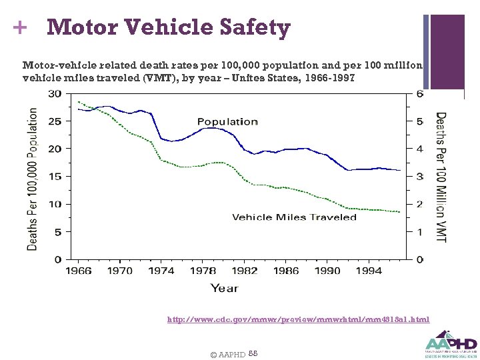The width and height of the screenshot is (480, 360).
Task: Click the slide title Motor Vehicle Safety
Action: (169, 28)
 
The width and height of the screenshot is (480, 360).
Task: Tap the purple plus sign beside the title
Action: (20, 28)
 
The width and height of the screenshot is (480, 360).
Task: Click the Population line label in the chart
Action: (227, 121)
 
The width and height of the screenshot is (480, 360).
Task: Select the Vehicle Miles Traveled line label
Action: (294, 217)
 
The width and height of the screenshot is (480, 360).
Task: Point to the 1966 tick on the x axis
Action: (78, 271)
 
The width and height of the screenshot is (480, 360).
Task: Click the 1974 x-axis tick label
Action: (162, 271)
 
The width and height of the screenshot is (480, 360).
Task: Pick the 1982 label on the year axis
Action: (245, 271)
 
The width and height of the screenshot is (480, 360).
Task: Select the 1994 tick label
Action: (369, 271)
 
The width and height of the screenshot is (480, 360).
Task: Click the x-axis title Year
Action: (224, 288)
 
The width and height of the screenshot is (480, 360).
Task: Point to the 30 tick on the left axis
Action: (56, 93)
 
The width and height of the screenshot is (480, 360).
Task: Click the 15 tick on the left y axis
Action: (56, 177)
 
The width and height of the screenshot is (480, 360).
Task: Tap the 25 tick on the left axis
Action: (56, 121)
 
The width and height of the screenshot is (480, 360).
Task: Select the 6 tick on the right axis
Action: (419, 93)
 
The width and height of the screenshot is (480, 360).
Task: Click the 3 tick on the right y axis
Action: (419, 177)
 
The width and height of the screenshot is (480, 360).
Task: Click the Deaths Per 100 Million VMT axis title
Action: (441, 177)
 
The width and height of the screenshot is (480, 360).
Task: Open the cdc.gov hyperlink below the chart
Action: (298, 320)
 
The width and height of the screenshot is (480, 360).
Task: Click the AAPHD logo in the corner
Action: (451, 344)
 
